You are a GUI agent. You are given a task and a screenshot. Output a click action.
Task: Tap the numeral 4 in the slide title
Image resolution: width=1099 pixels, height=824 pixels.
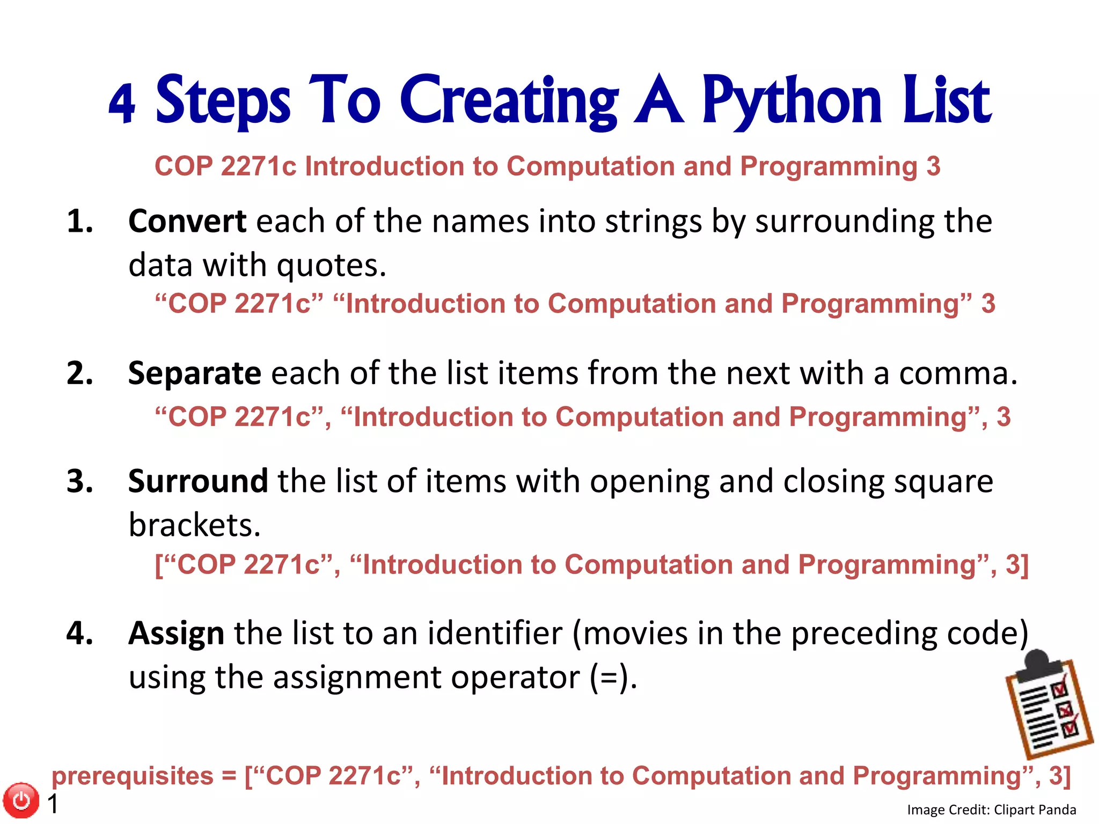click(x=122, y=104)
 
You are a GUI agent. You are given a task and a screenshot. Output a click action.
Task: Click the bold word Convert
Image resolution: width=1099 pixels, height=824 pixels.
click(x=187, y=221)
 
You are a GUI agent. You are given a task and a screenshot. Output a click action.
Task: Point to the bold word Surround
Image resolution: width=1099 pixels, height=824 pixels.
click(x=197, y=481)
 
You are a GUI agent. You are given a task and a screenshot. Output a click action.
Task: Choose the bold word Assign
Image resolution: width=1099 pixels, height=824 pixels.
click(x=176, y=633)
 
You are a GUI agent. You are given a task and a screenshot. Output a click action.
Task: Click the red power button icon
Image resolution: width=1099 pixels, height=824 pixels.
click(x=21, y=800)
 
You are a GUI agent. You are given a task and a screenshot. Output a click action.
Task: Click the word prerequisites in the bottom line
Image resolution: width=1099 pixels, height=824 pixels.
click(x=133, y=776)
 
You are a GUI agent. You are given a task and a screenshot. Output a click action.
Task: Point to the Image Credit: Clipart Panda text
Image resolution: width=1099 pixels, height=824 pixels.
click(x=991, y=810)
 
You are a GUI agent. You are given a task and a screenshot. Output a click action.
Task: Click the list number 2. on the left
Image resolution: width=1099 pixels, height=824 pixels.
click(x=79, y=373)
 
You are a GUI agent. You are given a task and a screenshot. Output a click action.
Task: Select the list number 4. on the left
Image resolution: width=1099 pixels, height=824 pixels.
click(x=79, y=633)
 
